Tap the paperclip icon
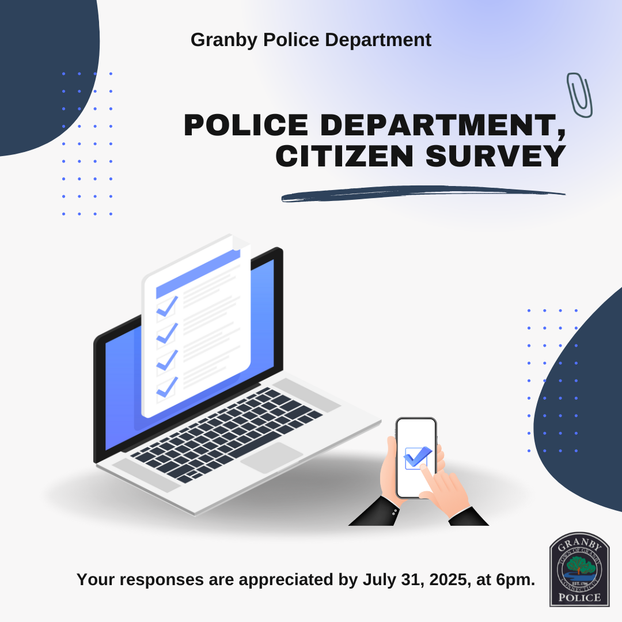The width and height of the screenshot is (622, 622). click(x=579, y=94)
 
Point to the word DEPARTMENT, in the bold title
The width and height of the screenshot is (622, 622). click(x=443, y=125)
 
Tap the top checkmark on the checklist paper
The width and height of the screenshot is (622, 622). click(x=167, y=306)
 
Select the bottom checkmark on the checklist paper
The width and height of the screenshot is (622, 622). click(x=166, y=386)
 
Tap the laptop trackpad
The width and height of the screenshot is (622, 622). click(x=271, y=457)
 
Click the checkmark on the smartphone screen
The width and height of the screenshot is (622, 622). click(x=417, y=457)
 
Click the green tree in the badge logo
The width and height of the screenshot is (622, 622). click(x=579, y=566)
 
